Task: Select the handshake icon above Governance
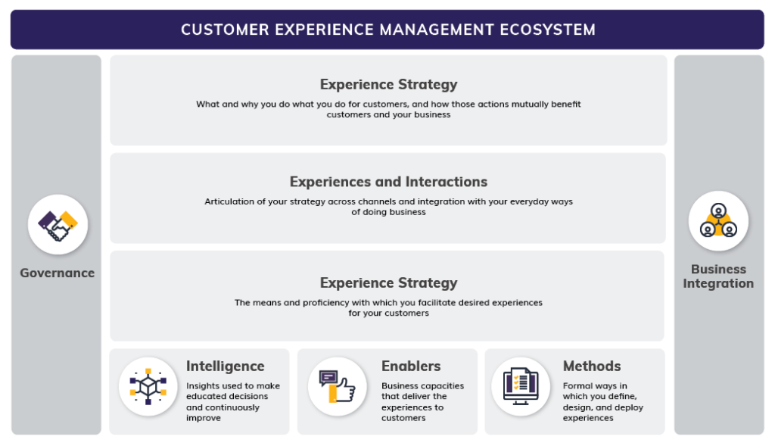click(58, 224)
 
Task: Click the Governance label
click(58, 273)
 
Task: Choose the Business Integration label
click(717, 276)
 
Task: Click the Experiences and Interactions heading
click(388, 182)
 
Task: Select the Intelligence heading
click(225, 366)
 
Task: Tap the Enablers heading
click(411, 366)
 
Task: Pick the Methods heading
click(592, 366)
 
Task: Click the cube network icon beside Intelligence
click(148, 387)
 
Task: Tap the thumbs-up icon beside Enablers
click(338, 387)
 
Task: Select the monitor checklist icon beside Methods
click(521, 387)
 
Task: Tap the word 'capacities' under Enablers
click(442, 386)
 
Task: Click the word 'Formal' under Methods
click(579, 386)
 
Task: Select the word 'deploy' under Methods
click(628, 407)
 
